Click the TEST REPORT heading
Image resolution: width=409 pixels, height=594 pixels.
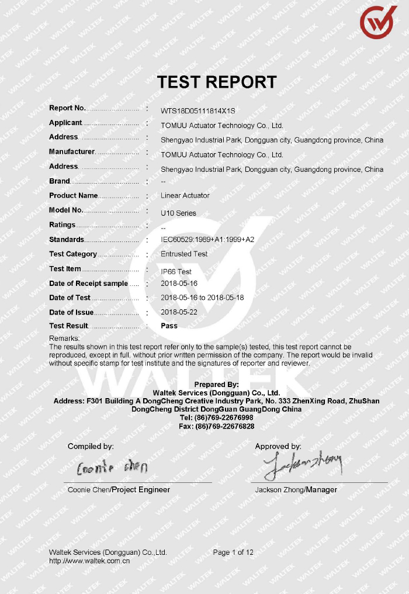coord(217,82)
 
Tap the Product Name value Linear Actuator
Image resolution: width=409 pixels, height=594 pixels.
coord(185,195)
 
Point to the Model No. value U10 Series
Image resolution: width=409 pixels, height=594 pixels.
coord(178,213)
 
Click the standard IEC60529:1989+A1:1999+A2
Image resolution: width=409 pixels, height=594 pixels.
coord(207,240)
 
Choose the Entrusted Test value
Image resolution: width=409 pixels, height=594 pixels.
coord(184,254)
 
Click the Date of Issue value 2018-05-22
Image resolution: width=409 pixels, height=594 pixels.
coord(179,312)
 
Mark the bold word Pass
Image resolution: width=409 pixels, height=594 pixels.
coord(169,326)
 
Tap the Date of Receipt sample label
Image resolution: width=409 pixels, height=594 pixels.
coord(88,284)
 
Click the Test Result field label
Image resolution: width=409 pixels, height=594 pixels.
coord(68,326)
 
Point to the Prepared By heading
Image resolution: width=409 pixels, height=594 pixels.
coord(216,385)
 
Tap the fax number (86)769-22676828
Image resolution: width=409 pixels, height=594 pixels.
coord(224,426)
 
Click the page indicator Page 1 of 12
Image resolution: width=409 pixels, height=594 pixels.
coord(233,552)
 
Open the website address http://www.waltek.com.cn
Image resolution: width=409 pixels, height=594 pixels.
coord(89,561)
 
